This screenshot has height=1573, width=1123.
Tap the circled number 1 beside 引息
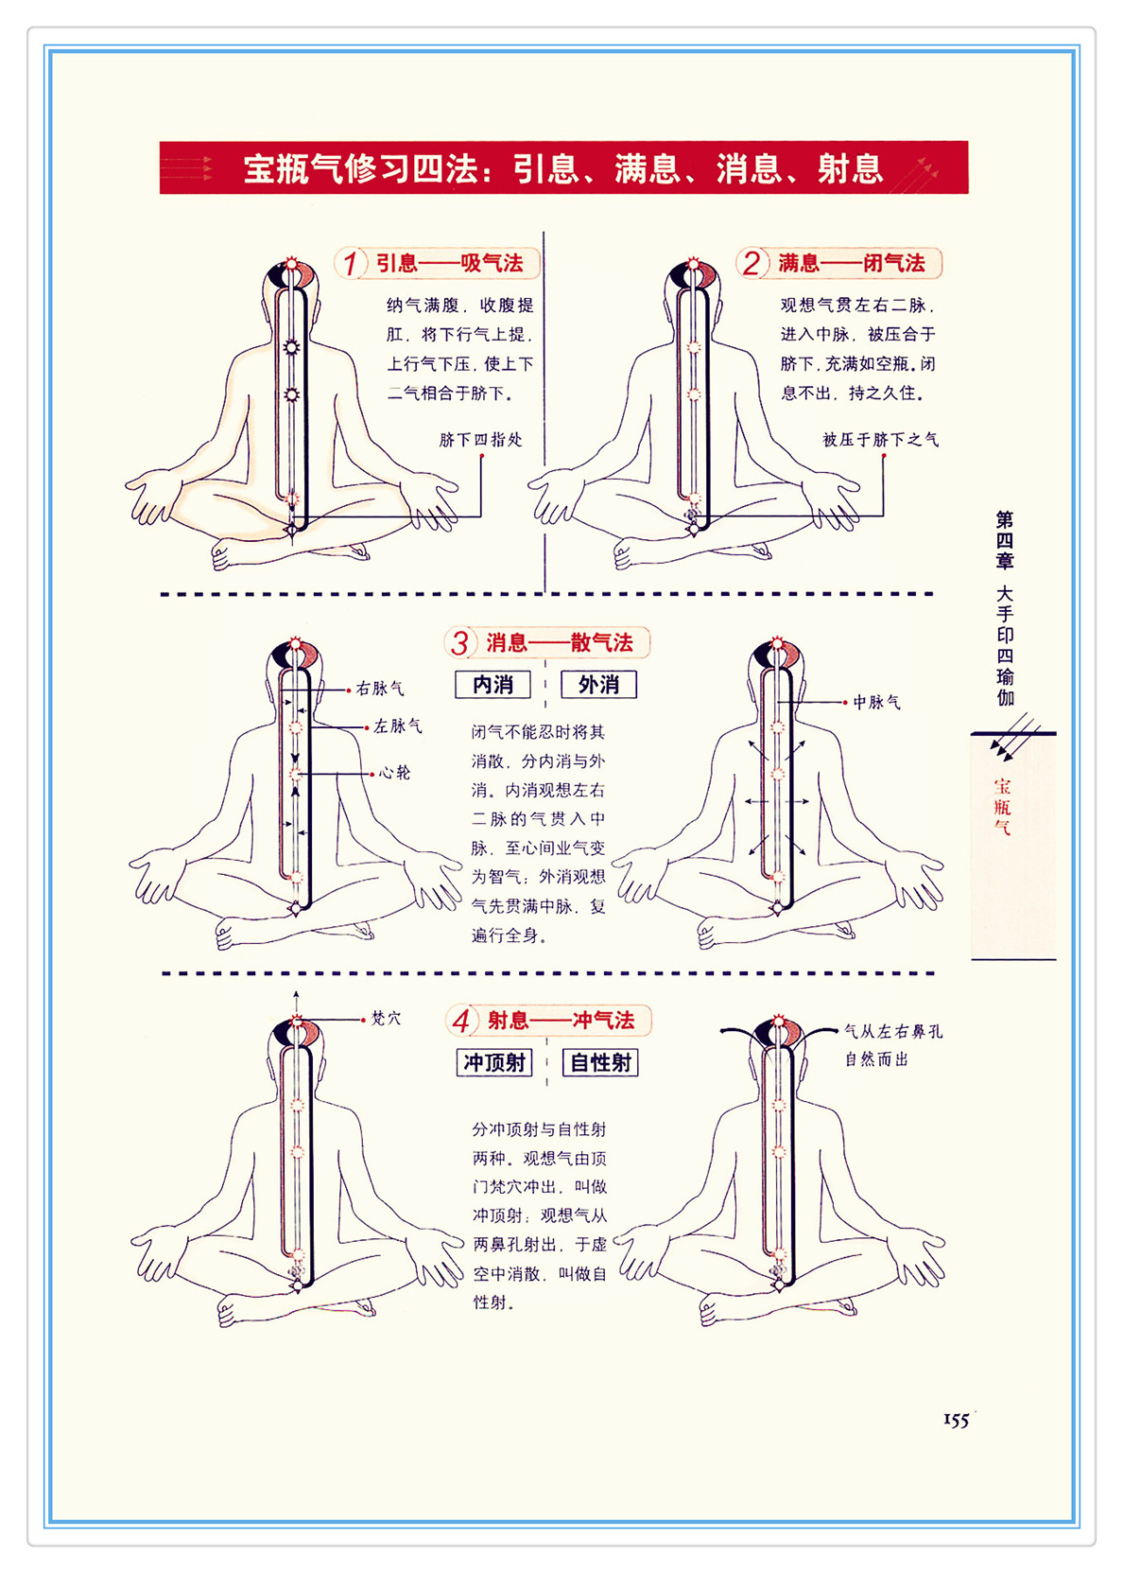351,263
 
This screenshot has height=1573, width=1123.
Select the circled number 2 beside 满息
752,263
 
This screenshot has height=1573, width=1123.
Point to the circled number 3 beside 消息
459,642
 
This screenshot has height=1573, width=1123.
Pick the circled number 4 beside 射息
461,1021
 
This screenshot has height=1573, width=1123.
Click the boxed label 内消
492,684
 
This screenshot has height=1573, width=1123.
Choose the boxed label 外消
598,684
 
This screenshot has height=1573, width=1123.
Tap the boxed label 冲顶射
494,1062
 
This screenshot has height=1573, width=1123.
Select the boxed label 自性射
601,1062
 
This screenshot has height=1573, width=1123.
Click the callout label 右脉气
380,689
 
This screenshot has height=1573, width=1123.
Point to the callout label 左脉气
397,726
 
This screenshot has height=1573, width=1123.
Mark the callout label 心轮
394,773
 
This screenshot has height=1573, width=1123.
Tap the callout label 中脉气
876,702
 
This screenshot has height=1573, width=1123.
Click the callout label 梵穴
386,1018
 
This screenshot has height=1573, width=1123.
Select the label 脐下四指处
480,440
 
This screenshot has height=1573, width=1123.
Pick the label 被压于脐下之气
880,440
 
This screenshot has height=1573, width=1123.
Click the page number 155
956,1420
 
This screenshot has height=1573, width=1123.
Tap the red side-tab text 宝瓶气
1002,807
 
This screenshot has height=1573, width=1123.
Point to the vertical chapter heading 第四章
1005,540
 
